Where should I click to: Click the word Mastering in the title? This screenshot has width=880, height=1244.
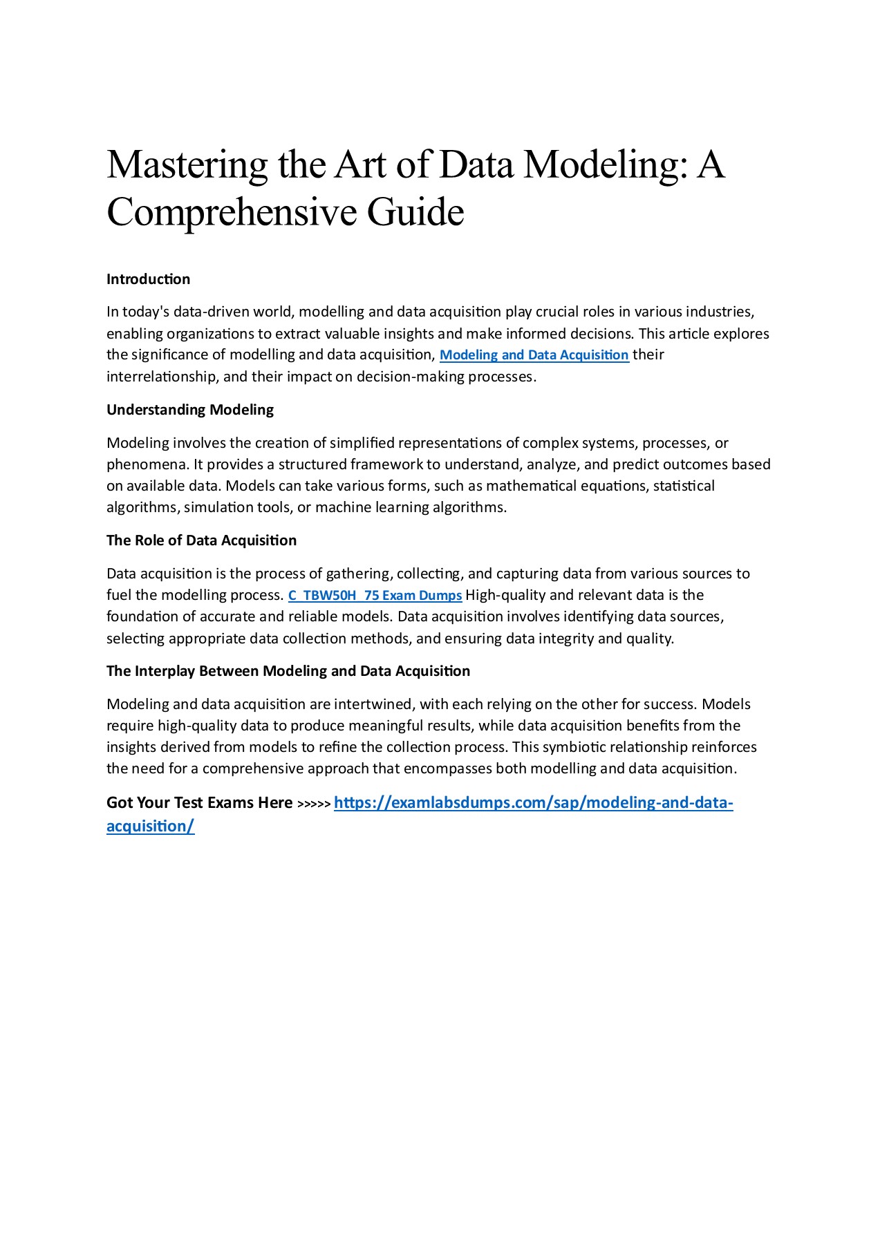pyautogui.click(x=187, y=166)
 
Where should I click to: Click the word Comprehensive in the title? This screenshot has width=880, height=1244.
pyautogui.click(x=231, y=212)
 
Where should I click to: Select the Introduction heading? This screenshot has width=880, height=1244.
pyautogui.click(x=148, y=279)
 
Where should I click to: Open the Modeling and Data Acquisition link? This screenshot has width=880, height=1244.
pyautogui.click(x=534, y=355)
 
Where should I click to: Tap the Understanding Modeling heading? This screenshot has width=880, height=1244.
pyautogui.click(x=190, y=410)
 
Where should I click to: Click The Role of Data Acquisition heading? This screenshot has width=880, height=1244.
pyautogui.click(x=201, y=540)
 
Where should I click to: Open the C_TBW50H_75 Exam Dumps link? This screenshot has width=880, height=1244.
pyautogui.click(x=375, y=595)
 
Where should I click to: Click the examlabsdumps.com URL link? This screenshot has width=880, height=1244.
pyautogui.click(x=533, y=803)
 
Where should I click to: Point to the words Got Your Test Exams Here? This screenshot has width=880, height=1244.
pyautogui.click(x=199, y=803)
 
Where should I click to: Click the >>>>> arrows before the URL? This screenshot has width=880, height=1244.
pyautogui.click(x=314, y=804)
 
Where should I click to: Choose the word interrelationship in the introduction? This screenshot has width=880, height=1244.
pyautogui.click(x=161, y=377)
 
